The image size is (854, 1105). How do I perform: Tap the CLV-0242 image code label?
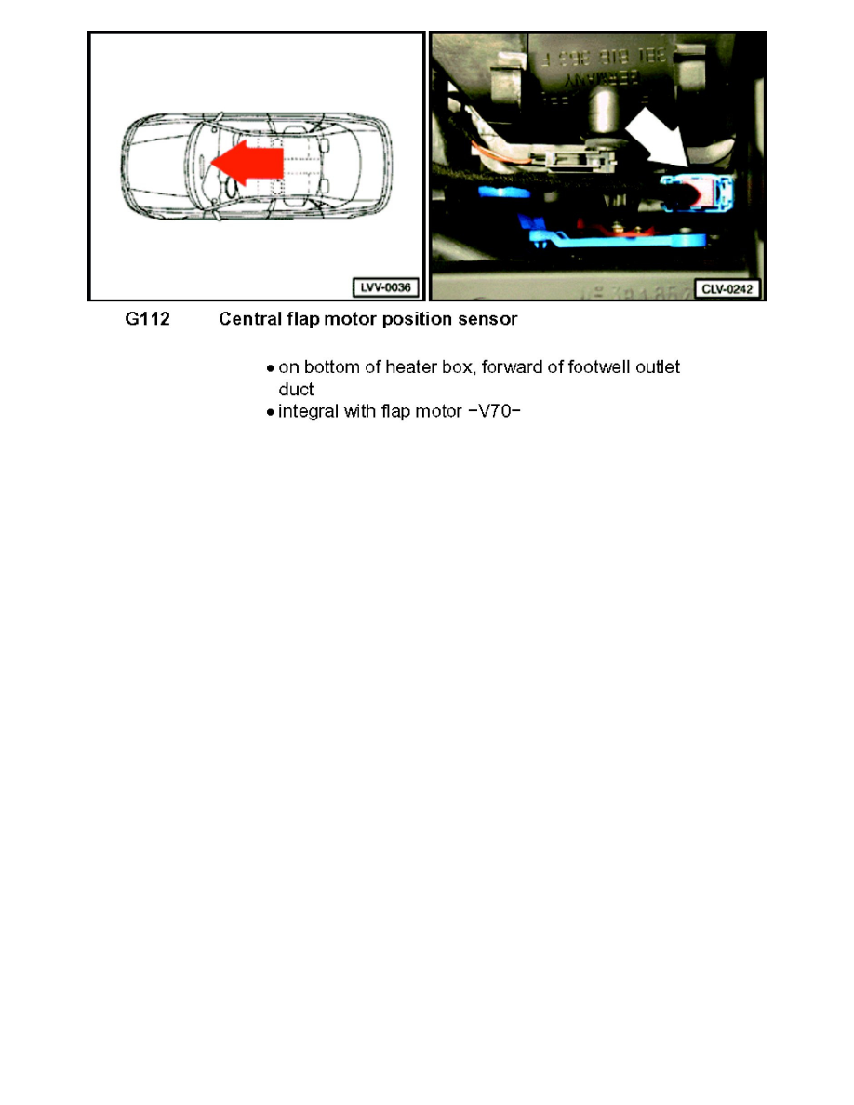[728, 289]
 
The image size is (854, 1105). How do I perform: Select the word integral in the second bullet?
[310, 411]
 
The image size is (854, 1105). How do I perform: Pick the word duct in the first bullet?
[296, 389]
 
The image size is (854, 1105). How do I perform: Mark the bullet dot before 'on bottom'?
[270, 368]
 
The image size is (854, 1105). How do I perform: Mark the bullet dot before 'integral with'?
[270, 412]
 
